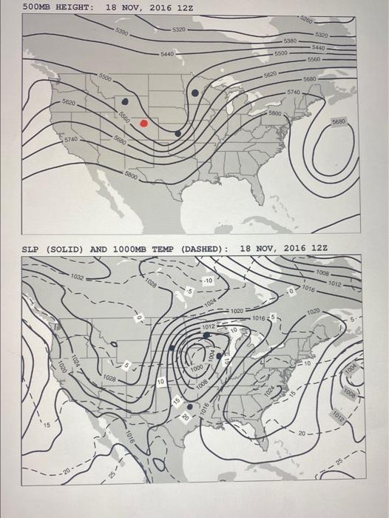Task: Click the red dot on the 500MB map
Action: tap(144, 123)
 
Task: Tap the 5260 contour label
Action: tap(306, 18)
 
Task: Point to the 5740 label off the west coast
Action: tap(71, 139)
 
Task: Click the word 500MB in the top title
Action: tap(37, 7)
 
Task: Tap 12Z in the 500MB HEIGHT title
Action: tap(186, 7)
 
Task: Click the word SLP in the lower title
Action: tap(30, 249)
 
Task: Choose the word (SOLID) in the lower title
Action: tap(65, 249)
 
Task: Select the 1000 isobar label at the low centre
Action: tap(196, 368)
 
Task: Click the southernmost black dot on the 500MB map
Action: tap(177, 134)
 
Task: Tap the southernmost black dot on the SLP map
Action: tap(189, 406)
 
